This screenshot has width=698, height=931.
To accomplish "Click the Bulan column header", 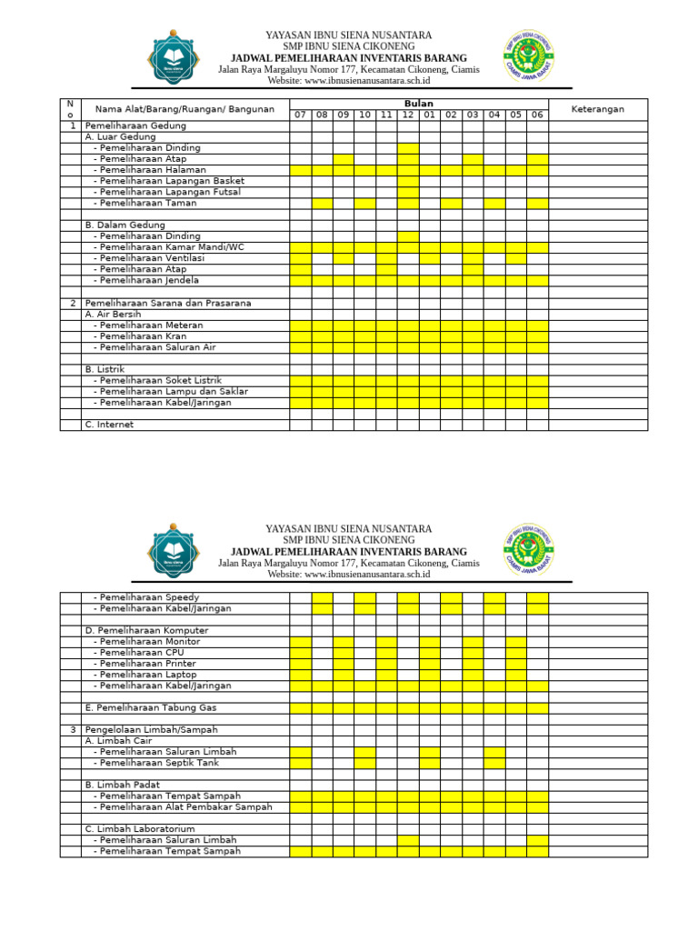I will (418, 104).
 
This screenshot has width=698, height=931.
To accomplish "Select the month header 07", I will (300, 115).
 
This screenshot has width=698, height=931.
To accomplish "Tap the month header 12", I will (407, 115).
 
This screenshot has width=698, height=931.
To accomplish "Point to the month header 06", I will (537, 115).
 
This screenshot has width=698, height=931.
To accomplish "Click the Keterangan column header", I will (597, 109).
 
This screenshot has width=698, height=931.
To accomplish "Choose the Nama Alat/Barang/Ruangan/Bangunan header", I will (184, 109).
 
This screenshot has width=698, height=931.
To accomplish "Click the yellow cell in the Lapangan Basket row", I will (407, 181).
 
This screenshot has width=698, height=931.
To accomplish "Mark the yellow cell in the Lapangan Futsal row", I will (407, 192).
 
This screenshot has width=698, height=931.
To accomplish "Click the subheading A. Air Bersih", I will (114, 314).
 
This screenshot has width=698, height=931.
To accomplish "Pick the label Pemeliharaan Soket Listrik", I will (161, 380).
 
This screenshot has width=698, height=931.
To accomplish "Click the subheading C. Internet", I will (109, 425).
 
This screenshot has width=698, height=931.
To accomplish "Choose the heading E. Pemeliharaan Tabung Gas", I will (151, 707).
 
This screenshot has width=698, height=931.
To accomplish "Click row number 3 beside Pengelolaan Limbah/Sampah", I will (73, 729).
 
